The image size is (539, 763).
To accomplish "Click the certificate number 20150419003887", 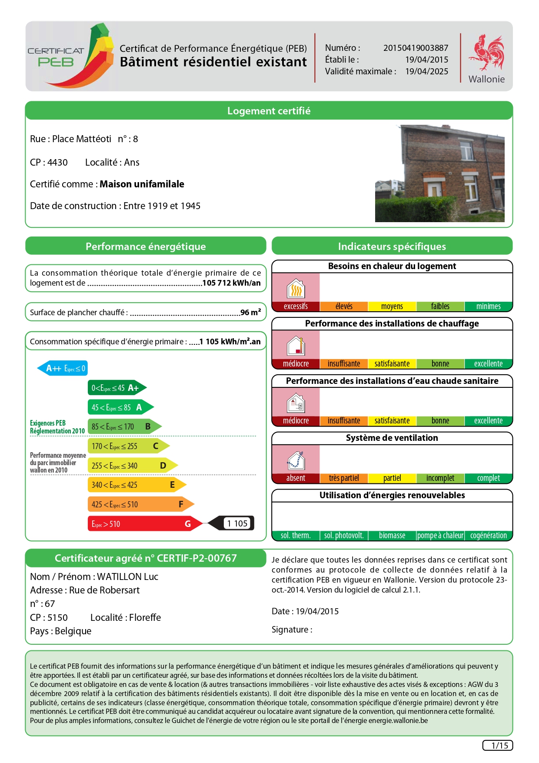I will click(x=415, y=48).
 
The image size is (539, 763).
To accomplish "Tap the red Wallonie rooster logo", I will click(x=486, y=53).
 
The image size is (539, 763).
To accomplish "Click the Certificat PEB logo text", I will click(x=56, y=57).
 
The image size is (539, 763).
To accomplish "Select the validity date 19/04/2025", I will click(x=426, y=71).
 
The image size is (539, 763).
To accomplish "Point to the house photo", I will click(x=439, y=173).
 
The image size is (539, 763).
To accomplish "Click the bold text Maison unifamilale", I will click(x=142, y=184).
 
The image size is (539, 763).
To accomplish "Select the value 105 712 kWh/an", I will click(x=231, y=283).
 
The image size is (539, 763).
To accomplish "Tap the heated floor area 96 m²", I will click(x=250, y=312).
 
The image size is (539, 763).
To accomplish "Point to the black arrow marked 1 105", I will click(x=233, y=523).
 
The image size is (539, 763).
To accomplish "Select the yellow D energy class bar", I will click(x=130, y=466).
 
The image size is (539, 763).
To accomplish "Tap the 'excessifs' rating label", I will click(x=296, y=307).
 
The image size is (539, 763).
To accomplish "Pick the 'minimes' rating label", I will click(x=488, y=307).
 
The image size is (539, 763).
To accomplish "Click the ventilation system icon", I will click(x=296, y=460).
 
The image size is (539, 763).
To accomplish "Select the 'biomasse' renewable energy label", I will click(x=392, y=536).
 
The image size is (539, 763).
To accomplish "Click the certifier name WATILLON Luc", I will click(x=127, y=576).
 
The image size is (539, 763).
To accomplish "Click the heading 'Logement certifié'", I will click(x=269, y=111).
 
